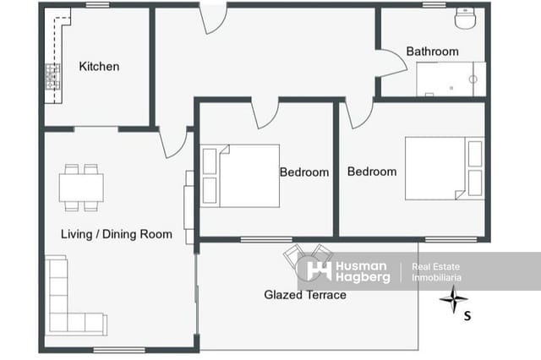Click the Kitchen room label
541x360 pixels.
(x=99, y=66)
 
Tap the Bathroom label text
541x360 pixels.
(x=432, y=52)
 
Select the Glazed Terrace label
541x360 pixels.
(x=305, y=295)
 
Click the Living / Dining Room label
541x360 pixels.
(x=117, y=234)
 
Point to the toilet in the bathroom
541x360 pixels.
(x=465, y=18)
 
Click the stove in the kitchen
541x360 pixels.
(x=52, y=77)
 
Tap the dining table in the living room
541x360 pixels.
(x=81, y=188)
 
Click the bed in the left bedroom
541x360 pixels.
(x=240, y=176)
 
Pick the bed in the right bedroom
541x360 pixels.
(x=445, y=168)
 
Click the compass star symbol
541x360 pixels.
(x=454, y=299)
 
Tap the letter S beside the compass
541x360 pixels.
(x=467, y=315)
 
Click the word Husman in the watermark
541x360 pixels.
(x=361, y=266)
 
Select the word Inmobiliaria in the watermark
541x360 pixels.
(x=436, y=277)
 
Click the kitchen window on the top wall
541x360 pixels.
(x=97, y=5)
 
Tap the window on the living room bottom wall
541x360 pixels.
(x=119, y=350)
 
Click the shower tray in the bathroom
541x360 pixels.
(x=451, y=79)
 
